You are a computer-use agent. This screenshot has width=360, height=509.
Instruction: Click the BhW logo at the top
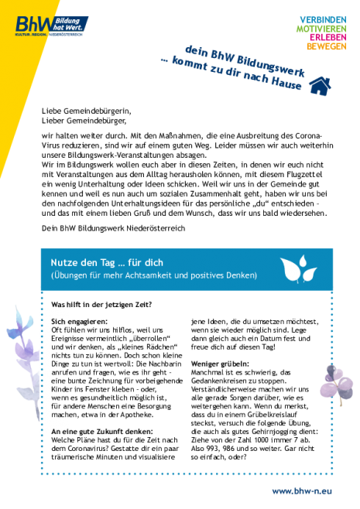[51, 26]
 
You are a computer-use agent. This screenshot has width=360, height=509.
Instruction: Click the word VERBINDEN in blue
[323, 20]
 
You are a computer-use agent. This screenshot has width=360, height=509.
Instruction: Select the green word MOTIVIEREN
[321, 29]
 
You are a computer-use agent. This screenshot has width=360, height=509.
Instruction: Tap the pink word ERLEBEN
[327, 37]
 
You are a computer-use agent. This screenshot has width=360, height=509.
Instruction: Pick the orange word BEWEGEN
[326, 46]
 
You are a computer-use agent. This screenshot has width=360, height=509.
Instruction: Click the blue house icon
[320, 86]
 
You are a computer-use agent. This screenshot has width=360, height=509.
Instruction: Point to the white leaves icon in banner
[298, 269]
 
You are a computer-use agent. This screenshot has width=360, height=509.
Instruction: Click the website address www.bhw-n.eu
[302, 490]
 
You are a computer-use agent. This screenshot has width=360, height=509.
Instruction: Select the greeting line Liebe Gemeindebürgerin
[87, 111]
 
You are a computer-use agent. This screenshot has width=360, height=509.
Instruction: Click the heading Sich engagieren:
[79, 322]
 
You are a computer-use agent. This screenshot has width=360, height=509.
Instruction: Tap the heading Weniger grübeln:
[220, 364]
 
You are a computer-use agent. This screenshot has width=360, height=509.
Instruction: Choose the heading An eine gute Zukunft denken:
[102, 432]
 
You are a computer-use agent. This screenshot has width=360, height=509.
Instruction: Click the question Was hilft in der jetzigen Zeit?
[101, 305]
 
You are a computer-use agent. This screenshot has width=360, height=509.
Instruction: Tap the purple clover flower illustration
[336, 382]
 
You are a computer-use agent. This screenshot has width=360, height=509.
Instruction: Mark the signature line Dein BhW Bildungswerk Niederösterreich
[113, 228]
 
